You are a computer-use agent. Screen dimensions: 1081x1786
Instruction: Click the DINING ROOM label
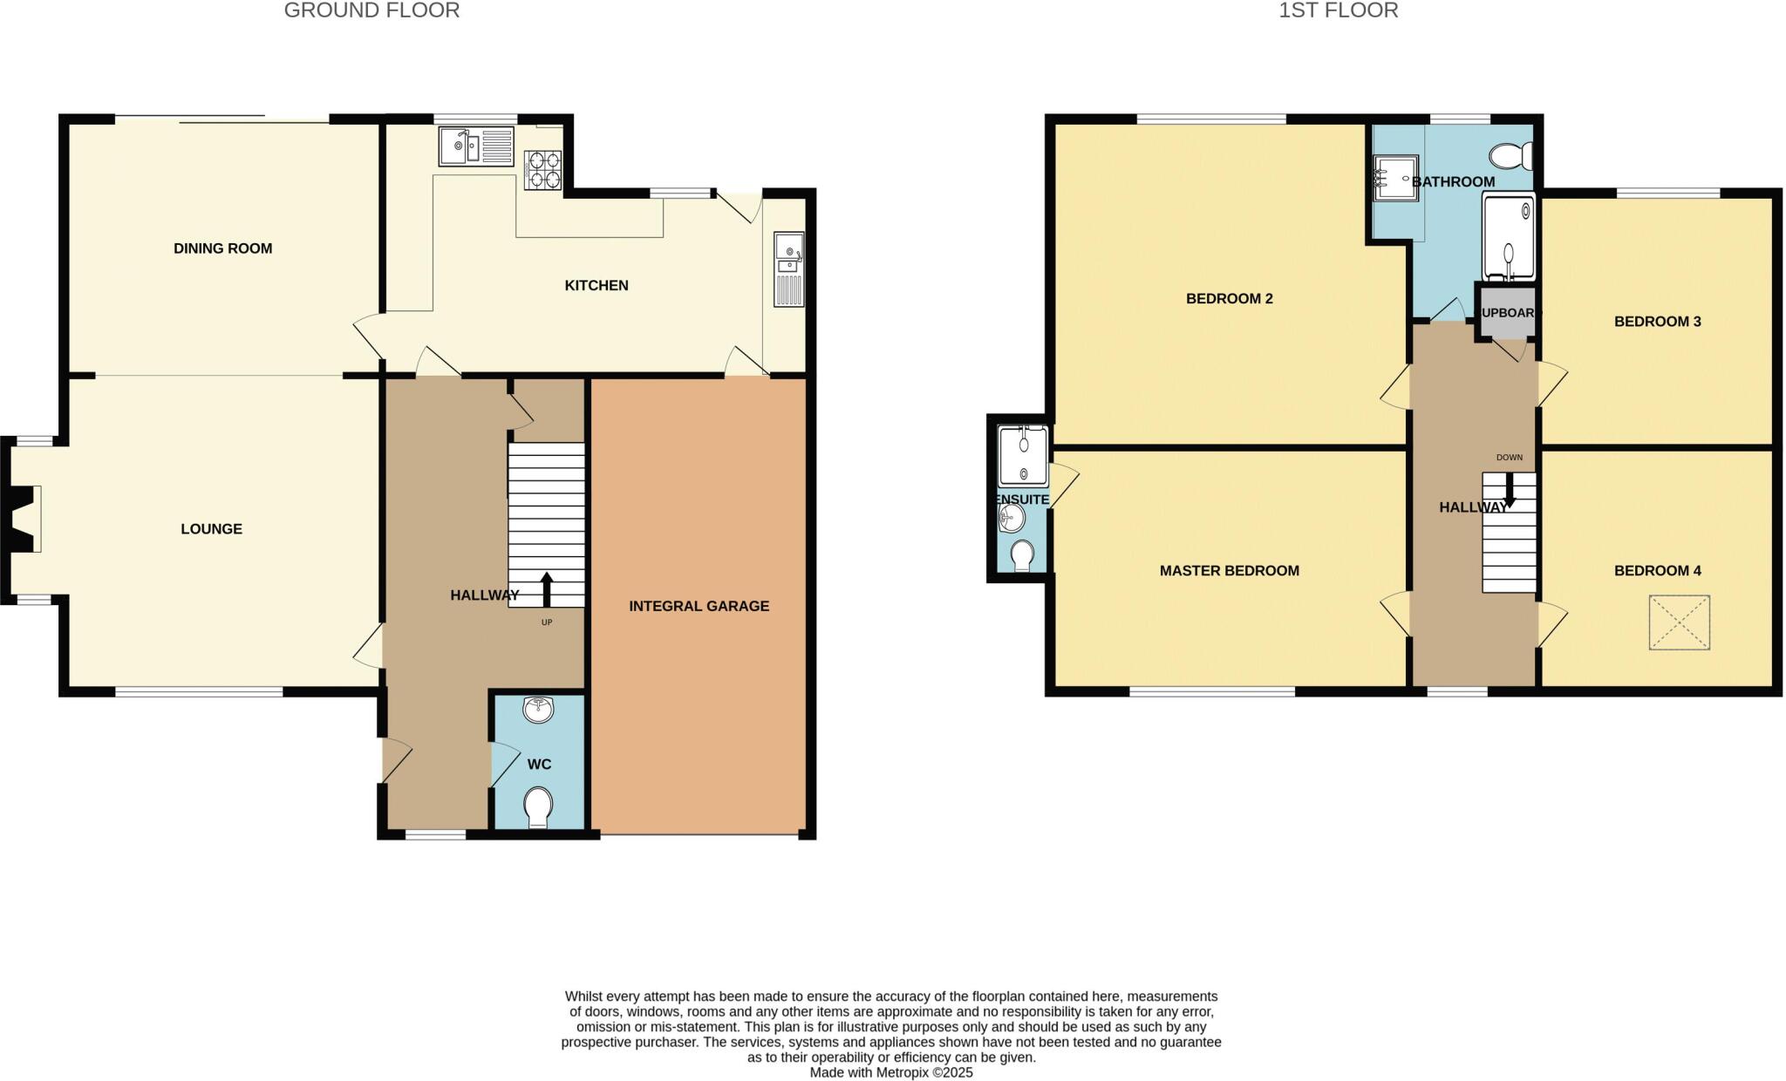click(222, 248)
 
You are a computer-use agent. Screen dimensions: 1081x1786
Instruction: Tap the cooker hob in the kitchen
click(542, 170)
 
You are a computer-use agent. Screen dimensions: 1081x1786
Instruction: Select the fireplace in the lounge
click(24, 520)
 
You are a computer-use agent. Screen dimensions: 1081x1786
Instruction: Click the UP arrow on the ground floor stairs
click(547, 589)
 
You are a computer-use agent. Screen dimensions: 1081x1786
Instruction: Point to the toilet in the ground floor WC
click(539, 806)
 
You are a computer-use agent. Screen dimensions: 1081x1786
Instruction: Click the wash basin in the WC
click(539, 710)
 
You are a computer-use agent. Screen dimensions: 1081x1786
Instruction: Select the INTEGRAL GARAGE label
click(699, 606)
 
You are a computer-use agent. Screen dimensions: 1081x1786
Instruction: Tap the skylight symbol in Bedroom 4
click(1679, 622)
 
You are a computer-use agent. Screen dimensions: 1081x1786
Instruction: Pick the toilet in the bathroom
click(1512, 156)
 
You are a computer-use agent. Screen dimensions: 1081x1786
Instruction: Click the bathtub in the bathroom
click(1508, 237)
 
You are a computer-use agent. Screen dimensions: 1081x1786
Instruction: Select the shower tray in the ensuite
click(1023, 456)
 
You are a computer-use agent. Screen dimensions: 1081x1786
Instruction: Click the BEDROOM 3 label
click(1657, 322)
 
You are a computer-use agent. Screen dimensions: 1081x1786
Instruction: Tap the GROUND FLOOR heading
click(372, 10)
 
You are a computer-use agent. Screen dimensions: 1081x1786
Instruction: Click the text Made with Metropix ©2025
click(890, 1072)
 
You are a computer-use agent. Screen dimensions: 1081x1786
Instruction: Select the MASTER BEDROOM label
click(1229, 571)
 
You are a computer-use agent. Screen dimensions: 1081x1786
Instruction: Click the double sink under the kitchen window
click(476, 146)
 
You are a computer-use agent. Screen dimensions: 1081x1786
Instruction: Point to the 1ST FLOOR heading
click(1338, 10)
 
